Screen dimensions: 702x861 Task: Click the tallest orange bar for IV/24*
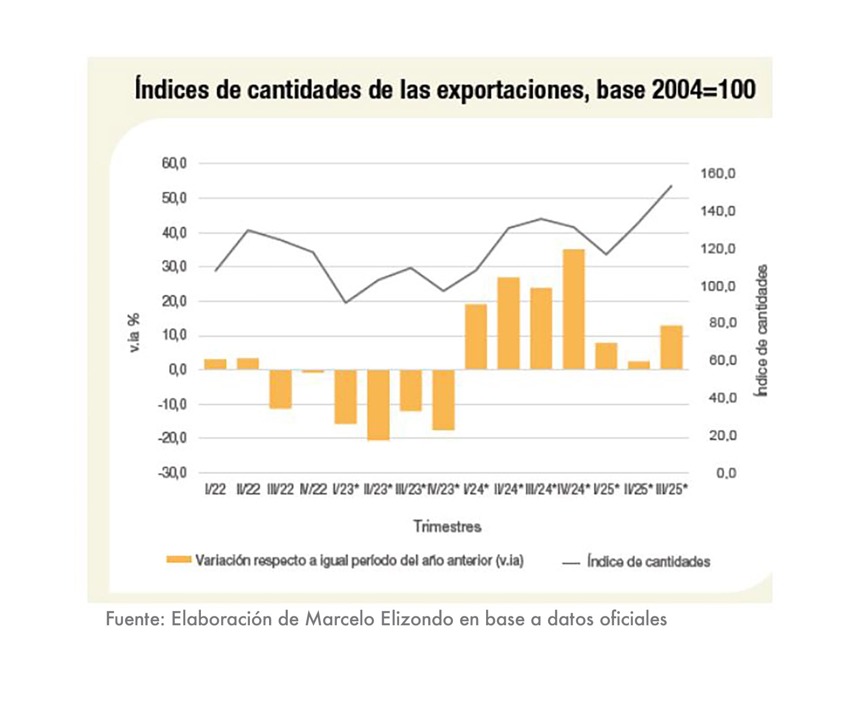click(x=574, y=310)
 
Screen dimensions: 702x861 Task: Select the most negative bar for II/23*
click(x=378, y=405)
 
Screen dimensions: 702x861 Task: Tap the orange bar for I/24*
click(x=476, y=337)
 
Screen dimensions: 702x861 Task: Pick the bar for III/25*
click(x=671, y=348)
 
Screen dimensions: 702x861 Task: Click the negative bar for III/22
click(x=280, y=389)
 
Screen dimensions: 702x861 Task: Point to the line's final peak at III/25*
click(x=671, y=185)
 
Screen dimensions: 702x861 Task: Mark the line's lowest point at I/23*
click(x=345, y=302)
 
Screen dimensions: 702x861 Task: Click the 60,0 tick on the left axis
click(x=174, y=163)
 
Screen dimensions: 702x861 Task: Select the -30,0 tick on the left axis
click(x=172, y=473)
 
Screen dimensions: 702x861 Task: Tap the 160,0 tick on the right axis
click(x=718, y=174)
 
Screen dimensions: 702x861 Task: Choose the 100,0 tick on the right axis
click(x=718, y=286)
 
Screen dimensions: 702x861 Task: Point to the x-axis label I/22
click(x=215, y=489)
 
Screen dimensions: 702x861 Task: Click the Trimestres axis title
click(x=447, y=526)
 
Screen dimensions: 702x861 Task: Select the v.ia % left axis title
click(x=134, y=333)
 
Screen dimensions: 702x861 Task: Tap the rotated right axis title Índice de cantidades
click(x=762, y=331)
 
